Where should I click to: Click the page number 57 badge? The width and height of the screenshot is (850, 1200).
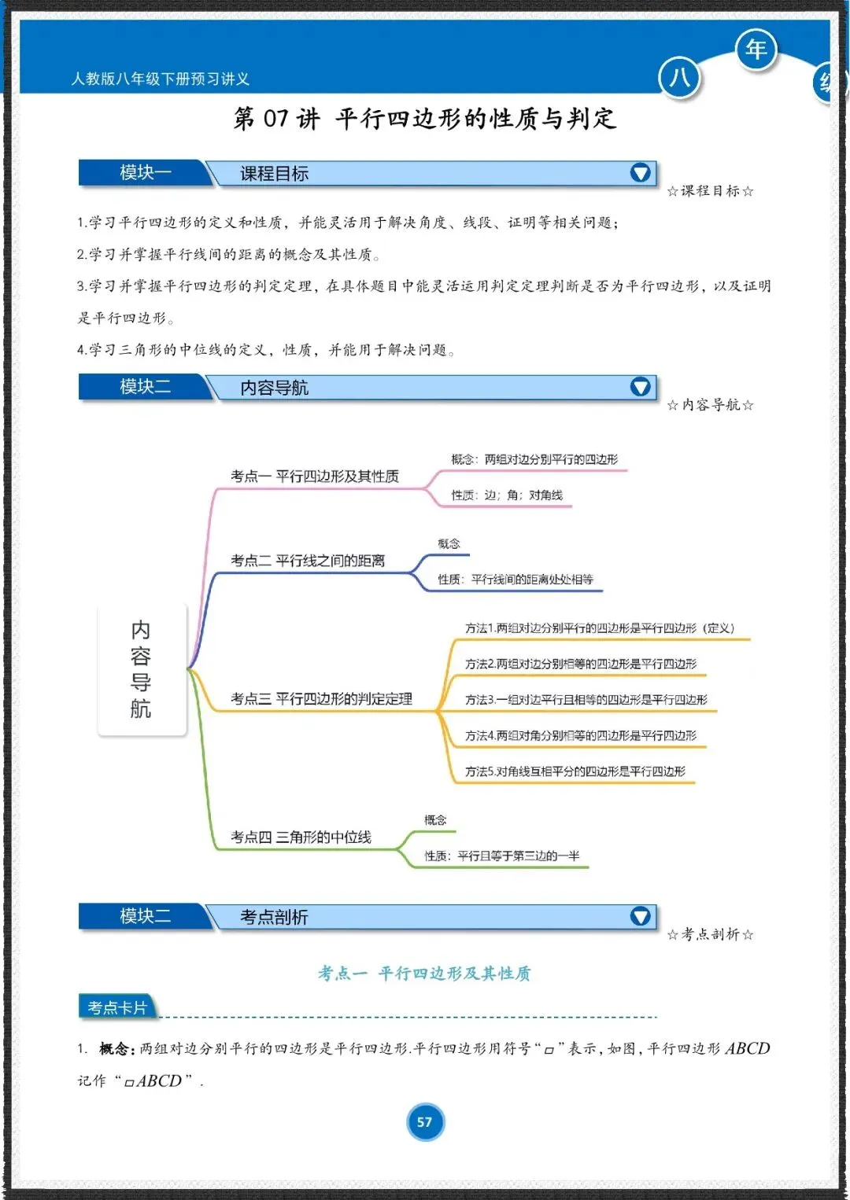[x=425, y=1122]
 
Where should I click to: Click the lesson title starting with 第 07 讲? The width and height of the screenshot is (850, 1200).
[x=425, y=119]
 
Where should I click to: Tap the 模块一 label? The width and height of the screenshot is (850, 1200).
[x=145, y=172]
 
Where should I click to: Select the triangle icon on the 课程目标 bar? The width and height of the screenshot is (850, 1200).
[x=641, y=172]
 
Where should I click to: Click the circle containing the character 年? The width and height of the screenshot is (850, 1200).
[x=756, y=50]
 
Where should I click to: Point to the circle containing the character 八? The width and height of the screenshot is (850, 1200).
[x=679, y=78]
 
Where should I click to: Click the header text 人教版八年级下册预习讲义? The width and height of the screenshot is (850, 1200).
[x=161, y=79]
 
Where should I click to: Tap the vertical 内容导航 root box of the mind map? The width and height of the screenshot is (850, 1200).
[x=142, y=669]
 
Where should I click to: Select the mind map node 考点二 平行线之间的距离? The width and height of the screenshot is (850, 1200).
[x=308, y=561]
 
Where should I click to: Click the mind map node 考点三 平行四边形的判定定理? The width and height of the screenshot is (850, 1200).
[x=321, y=699]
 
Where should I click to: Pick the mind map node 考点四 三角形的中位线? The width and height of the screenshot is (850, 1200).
[x=301, y=837]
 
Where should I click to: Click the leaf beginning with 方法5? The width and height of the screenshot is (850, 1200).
[x=575, y=772]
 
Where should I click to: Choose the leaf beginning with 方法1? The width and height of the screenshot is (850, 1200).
[x=599, y=628]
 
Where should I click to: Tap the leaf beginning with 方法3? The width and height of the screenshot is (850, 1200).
[x=586, y=700]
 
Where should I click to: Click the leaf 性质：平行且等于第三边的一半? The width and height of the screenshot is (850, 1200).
[x=501, y=856]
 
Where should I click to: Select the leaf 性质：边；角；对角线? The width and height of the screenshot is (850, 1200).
[x=507, y=495]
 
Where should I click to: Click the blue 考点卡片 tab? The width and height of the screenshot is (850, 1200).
[x=117, y=1007]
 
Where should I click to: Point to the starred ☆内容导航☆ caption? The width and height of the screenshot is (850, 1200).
[x=710, y=405]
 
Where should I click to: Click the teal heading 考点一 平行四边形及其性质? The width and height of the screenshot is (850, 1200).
[x=424, y=974]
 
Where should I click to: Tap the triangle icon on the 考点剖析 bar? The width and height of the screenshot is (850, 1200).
[x=641, y=916]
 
